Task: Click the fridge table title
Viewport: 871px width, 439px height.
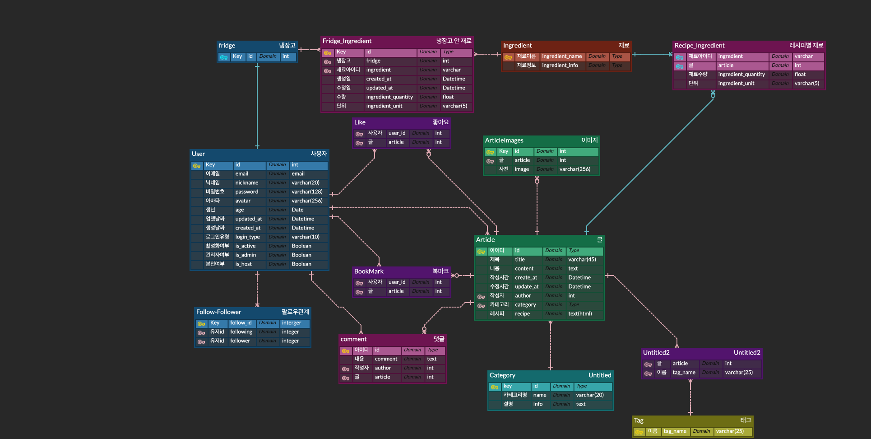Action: pyautogui.click(x=227, y=46)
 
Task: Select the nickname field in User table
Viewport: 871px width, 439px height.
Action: pyautogui.click(x=246, y=183)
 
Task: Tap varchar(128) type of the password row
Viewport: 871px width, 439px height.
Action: pyautogui.click(x=307, y=192)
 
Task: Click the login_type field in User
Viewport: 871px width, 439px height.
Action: pyautogui.click(x=247, y=237)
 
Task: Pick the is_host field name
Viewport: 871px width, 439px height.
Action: pyautogui.click(x=243, y=264)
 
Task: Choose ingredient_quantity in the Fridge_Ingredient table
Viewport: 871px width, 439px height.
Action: pyautogui.click(x=389, y=97)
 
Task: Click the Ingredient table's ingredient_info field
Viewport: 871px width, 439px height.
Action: pyautogui.click(x=560, y=65)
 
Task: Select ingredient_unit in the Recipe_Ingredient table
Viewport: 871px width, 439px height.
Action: pyautogui.click(x=736, y=84)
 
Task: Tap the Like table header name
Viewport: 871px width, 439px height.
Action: pyautogui.click(x=360, y=122)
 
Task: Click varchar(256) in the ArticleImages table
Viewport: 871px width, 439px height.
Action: pyautogui.click(x=574, y=169)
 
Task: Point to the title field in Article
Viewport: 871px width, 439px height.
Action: pyautogui.click(x=519, y=260)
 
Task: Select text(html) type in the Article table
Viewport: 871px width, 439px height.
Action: pyautogui.click(x=580, y=314)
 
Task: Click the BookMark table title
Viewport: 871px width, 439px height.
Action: pyautogui.click(x=369, y=271)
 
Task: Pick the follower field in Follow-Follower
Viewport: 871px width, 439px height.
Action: pyautogui.click(x=240, y=341)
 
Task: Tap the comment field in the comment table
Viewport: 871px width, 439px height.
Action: pyautogui.click(x=386, y=359)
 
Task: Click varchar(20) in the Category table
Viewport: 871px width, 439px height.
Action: pyautogui.click(x=589, y=395)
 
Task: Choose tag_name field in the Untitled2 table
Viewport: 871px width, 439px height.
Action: pyautogui.click(x=684, y=373)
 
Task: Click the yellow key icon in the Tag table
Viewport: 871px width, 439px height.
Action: pyautogui.click(x=639, y=432)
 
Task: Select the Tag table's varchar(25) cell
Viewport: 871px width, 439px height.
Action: pyautogui.click(x=729, y=431)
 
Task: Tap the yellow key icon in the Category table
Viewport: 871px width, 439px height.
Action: pyautogui.click(x=494, y=387)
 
